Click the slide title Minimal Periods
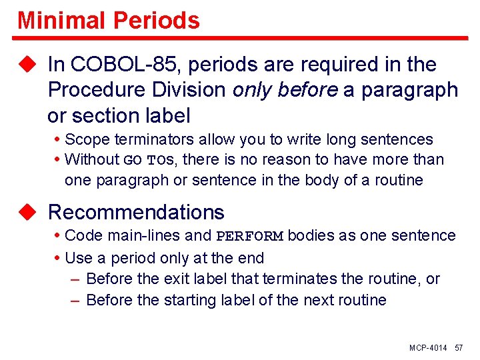(109, 20)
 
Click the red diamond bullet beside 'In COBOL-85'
(27, 65)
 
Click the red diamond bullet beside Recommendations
(27, 213)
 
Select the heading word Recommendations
(136, 213)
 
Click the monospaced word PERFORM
(250, 236)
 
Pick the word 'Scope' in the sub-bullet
(87, 139)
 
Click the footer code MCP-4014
(428, 349)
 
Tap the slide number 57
(459, 349)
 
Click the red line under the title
(240, 38)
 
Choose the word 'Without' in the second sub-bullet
(93, 160)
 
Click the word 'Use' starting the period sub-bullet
(79, 258)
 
